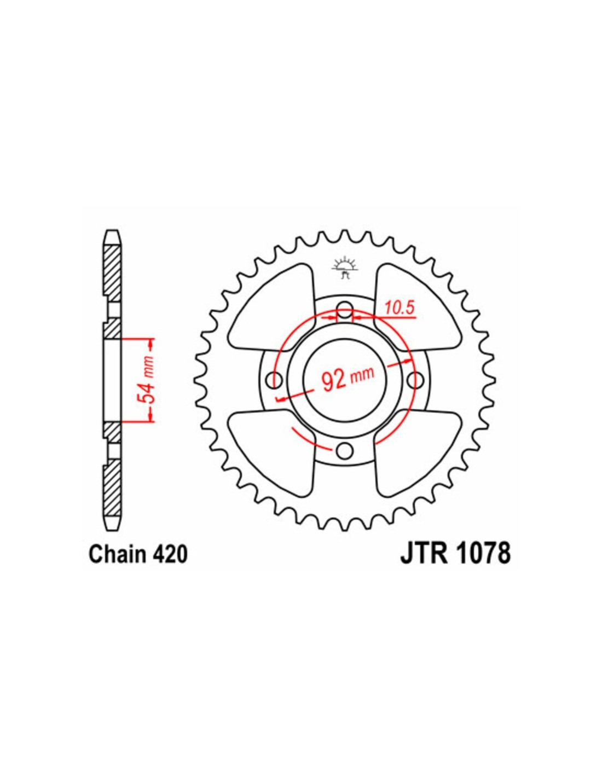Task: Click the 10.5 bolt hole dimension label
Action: (x=400, y=308)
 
